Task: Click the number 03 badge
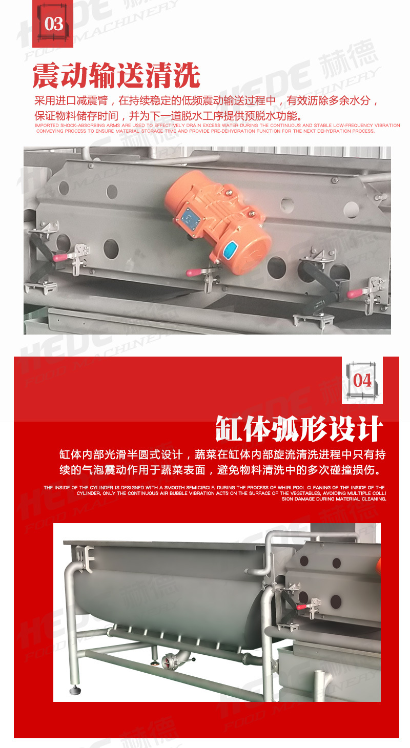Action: pyautogui.click(x=53, y=23)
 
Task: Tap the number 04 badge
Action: pyautogui.click(x=362, y=380)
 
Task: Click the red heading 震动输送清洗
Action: pyautogui.click(x=116, y=76)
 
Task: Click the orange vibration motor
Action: pyautogui.click(x=217, y=220)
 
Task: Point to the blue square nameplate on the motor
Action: pyautogui.click(x=194, y=217)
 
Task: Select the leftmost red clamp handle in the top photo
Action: pyautogui.click(x=60, y=258)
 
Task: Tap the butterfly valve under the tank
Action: pyautogui.click(x=169, y=662)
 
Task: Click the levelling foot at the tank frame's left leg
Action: pyautogui.click(x=74, y=690)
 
